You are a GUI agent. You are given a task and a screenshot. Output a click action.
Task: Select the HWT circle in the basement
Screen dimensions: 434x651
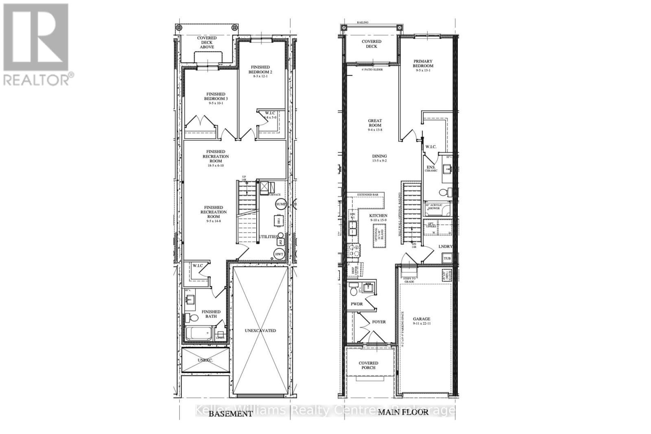[279, 254]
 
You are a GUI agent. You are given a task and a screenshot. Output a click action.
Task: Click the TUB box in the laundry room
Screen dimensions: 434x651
[447, 258]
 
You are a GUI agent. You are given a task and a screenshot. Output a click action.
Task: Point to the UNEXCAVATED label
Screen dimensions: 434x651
[260, 330]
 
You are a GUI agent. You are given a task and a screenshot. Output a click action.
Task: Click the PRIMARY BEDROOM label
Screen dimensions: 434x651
[423, 63]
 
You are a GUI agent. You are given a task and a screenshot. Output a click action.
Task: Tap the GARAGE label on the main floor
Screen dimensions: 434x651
[422, 319]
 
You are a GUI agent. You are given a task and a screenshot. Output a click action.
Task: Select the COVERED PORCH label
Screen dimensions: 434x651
[368, 365]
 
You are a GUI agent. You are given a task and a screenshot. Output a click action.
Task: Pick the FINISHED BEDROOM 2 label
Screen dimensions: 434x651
[261, 70]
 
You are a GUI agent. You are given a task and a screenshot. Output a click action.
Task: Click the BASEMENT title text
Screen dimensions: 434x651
[231, 414]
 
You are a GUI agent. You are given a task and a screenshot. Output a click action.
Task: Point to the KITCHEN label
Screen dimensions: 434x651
[378, 216]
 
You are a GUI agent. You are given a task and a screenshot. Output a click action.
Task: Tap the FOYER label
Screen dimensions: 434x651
[379, 322]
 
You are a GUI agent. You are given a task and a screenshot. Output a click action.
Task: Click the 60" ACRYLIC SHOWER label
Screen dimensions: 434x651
[436, 207]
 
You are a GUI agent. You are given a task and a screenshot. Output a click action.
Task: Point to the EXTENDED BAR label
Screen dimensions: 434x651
[368, 195]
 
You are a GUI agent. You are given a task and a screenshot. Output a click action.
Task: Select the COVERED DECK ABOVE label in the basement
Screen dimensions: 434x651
[207, 42]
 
